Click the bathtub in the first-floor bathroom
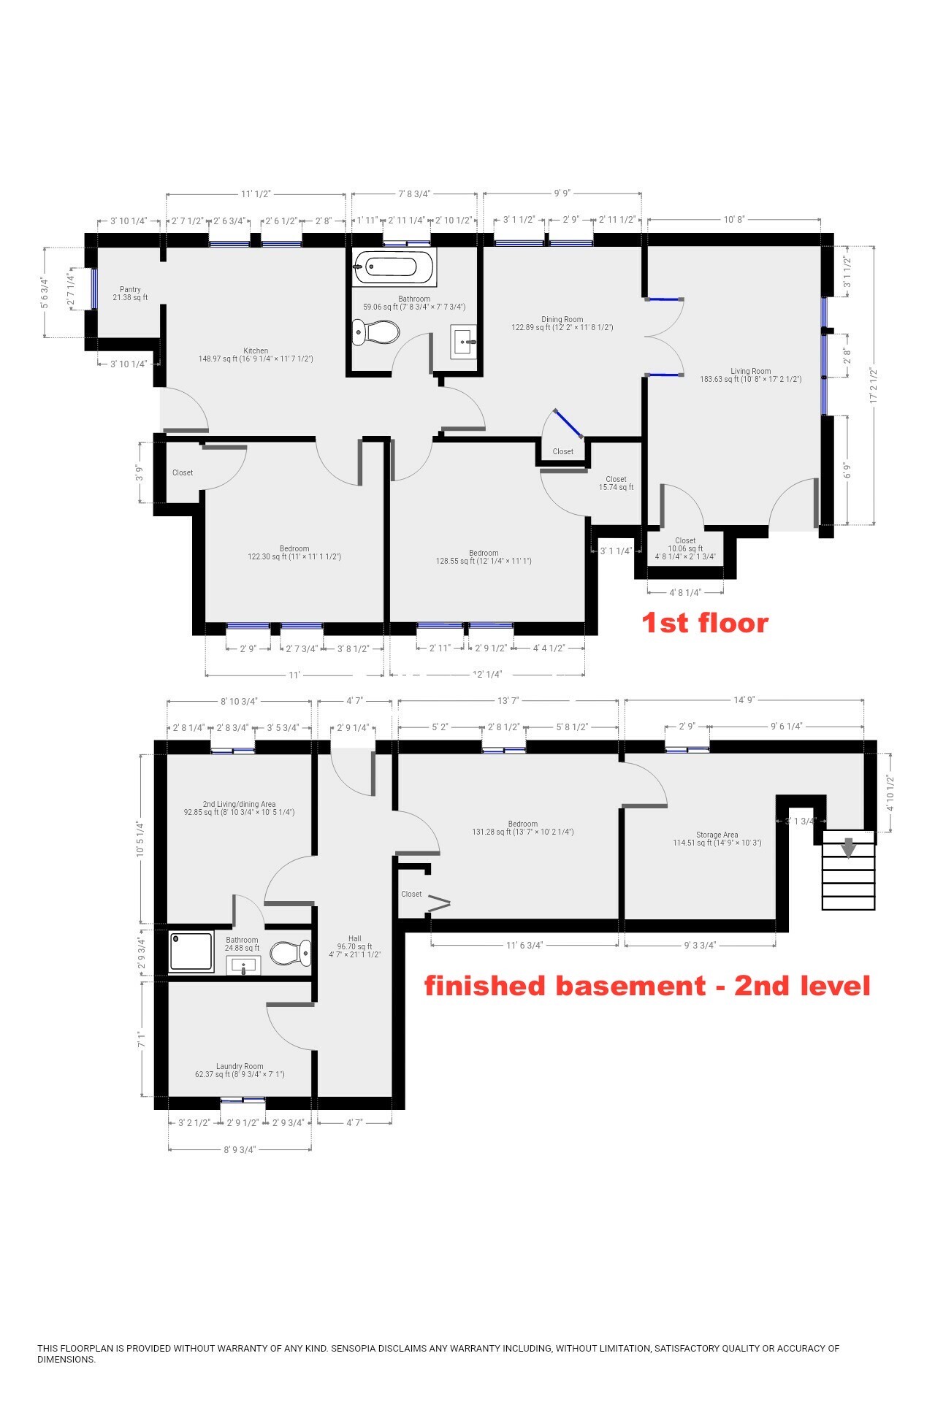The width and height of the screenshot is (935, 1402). click(394, 267)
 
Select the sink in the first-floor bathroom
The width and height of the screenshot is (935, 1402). click(464, 342)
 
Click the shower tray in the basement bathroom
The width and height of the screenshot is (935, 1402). click(191, 951)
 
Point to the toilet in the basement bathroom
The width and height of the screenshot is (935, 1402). click(291, 953)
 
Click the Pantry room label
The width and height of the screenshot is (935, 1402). click(130, 294)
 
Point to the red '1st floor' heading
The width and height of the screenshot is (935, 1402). click(705, 623)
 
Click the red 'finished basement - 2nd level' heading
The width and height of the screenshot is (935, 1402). click(647, 986)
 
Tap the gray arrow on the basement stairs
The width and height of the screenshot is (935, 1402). click(848, 848)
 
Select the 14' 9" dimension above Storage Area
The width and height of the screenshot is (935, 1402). click(744, 700)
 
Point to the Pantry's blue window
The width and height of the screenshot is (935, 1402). click(94, 289)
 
